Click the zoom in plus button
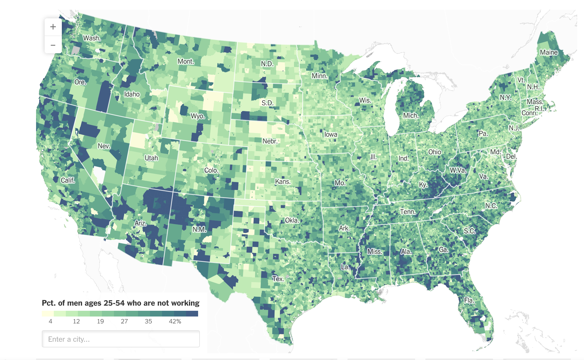pos(53,27)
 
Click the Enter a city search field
pos(121,339)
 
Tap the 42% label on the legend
pos(175,321)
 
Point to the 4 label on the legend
pos(50,321)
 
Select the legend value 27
pos(124,321)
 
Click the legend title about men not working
pos(121,303)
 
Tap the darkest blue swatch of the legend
pos(192,314)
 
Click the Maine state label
pos(549,52)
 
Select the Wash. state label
pos(92,38)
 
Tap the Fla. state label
pos(469,300)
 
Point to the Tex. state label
pos(278,279)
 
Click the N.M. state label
pos(199,230)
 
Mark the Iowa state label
pos(331,134)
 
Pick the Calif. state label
pos(68,180)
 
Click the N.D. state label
pos(267,64)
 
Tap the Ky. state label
pos(423,185)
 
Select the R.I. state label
pos(539,109)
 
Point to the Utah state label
pos(151,158)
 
